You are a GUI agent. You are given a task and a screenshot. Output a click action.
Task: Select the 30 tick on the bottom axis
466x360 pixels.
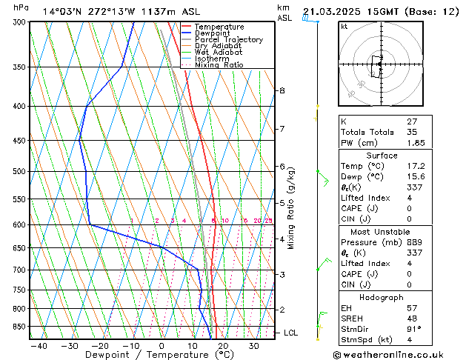click(x=254, y=346)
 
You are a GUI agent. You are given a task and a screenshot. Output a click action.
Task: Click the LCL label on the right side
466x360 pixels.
click(x=291, y=333)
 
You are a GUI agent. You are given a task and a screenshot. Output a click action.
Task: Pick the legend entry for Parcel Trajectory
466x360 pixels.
click(x=228, y=39)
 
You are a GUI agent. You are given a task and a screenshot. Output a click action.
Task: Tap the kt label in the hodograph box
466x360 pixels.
click(x=344, y=27)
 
